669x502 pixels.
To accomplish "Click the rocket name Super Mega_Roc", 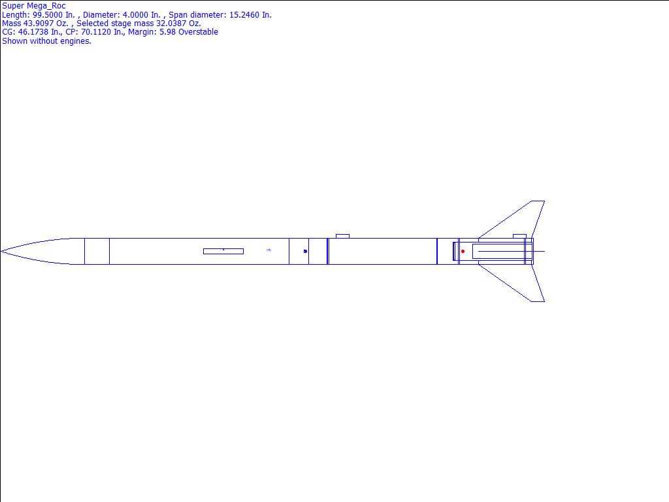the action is click(34, 6).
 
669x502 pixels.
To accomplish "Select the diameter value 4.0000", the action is click(135, 15).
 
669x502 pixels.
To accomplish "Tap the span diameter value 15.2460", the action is click(244, 15).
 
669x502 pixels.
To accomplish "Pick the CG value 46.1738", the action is click(33, 32).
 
